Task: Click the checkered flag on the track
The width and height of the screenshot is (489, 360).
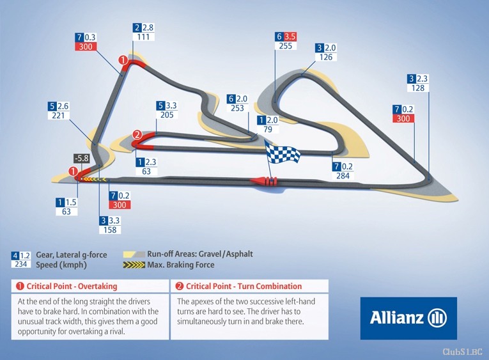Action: [x=283, y=153]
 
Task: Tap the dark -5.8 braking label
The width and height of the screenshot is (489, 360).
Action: [x=82, y=158]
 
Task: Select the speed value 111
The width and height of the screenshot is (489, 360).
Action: [x=143, y=37]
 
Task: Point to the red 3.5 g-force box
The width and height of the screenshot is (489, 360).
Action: [x=290, y=36]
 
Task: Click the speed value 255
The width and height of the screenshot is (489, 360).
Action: [x=286, y=46]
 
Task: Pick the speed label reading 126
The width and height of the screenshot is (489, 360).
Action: [x=326, y=57]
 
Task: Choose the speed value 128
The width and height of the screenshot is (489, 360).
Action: [x=418, y=88]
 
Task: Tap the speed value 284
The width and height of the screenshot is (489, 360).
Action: [x=343, y=176]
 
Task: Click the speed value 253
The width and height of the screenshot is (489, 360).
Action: [x=237, y=108]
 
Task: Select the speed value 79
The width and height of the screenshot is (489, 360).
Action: [x=268, y=129]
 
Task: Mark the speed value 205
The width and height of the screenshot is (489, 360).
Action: [x=167, y=115]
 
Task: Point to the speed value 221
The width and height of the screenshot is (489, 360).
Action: [x=58, y=116]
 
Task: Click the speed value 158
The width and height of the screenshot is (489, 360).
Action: [x=110, y=230]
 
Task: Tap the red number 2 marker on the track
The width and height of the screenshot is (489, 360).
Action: [x=137, y=135]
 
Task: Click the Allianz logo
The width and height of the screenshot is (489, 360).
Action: [x=408, y=318]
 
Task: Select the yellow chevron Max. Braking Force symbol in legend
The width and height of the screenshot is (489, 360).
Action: [x=134, y=265]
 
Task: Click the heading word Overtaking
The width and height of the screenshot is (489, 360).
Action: [x=97, y=286]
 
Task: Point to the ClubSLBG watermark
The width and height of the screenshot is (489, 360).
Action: [x=463, y=352]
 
